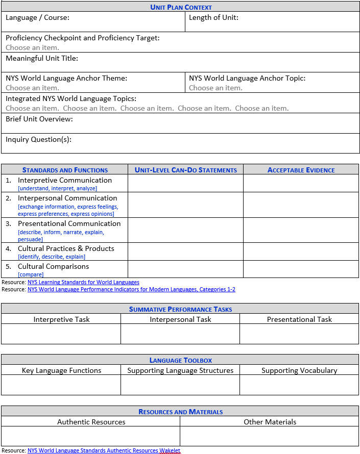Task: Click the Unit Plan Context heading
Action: click(181, 7)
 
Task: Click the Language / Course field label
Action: click(37, 17)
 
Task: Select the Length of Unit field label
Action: click(213, 17)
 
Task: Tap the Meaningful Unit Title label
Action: click(42, 58)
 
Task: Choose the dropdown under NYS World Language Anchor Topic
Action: click(215, 88)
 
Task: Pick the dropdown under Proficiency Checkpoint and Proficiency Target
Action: click(32, 47)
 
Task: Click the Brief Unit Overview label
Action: click(39, 119)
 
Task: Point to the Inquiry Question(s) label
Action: click(38, 139)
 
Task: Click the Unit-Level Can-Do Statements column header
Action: click(185, 170)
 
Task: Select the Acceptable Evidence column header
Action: click(301, 170)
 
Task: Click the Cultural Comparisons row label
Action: click(53, 266)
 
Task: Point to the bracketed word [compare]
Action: click(31, 274)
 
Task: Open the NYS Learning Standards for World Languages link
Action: click(83, 282)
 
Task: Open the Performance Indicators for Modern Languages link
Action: click(131, 289)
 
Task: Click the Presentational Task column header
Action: click(299, 319)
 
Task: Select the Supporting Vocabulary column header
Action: click(299, 370)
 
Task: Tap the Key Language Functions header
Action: click(61, 370)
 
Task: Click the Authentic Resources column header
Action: click(91, 422)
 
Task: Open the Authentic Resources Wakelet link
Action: click(104, 450)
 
